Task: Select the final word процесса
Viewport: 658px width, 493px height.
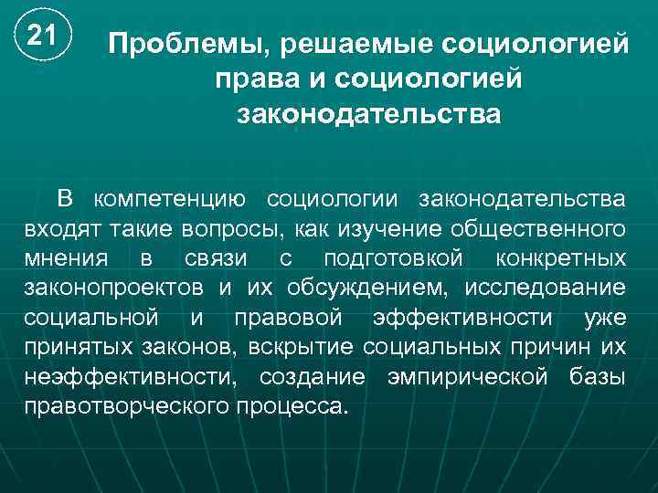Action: click(x=292, y=405)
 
